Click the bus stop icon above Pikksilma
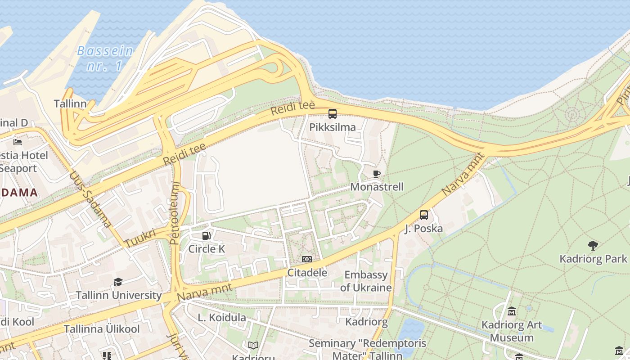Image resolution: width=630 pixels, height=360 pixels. (333, 114)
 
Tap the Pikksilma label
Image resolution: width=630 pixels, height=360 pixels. (333, 127)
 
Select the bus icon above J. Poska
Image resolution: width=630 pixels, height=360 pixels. (424, 215)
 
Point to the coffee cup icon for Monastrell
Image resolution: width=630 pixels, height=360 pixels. (377, 174)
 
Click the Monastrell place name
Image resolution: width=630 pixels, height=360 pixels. (377, 186)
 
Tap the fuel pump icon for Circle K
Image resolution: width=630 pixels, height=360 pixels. (206, 235)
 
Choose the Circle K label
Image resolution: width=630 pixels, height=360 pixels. (206, 249)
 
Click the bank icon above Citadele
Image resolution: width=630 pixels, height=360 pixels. (307, 259)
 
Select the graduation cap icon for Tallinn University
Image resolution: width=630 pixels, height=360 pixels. (118, 282)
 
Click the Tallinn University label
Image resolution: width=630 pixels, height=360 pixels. (118, 295)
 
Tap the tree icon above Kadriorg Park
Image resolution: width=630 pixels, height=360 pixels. (593, 246)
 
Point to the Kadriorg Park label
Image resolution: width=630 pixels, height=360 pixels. (593, 259)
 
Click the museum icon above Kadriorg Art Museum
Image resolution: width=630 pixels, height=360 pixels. (512, 311)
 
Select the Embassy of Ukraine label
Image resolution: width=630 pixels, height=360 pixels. (366, 281)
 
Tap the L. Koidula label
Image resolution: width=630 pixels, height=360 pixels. (222, 318)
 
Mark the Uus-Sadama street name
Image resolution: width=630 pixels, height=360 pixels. (90, 198)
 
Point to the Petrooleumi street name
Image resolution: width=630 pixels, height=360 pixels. (175, 213)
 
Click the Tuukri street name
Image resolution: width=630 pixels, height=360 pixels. (140, 238)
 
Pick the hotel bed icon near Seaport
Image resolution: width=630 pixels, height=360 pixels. (18, 142)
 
